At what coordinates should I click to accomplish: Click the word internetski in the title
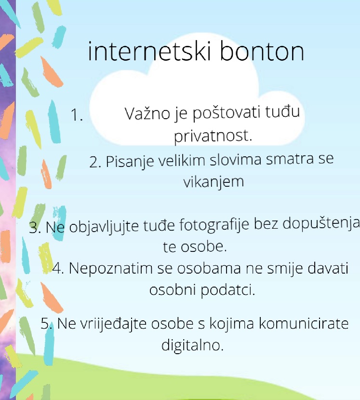(149, 51)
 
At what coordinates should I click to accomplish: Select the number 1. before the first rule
(77, 114)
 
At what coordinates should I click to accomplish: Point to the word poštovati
(226, 113)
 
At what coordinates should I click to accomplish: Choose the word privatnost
(213, 136)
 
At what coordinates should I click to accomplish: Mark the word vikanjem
(213, 182)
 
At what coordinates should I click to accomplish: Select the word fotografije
(214, 225)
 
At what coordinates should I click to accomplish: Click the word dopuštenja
(321, 223)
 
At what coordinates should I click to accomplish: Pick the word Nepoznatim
(110, 268)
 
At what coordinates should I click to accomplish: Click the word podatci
(228, 290)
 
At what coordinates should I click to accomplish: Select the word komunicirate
(304, 323)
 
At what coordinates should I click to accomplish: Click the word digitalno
(192, 345)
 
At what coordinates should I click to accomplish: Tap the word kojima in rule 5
(231, 324)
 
